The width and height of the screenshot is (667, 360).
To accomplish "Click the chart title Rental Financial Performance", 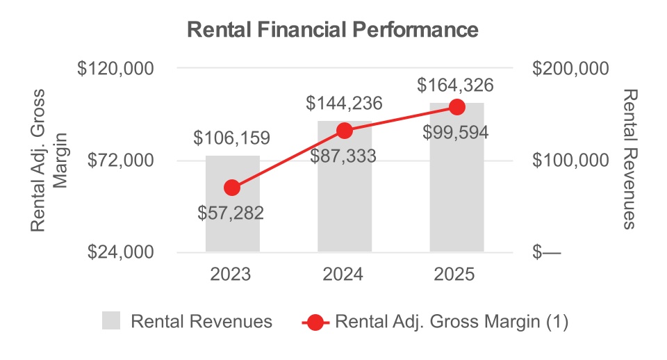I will pos(333,31).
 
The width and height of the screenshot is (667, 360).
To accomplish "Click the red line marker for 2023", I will pos(233,188).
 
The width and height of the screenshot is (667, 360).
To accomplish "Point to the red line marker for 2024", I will pos(345,130).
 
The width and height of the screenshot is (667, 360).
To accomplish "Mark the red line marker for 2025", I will pos(456,106).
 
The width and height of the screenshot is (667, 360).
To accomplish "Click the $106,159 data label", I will pos(232,138).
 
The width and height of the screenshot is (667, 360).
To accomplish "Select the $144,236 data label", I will pos(345,104).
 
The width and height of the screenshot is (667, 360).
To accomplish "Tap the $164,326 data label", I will pos(456,86).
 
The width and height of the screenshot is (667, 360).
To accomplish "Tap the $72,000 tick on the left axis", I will pos(120,161).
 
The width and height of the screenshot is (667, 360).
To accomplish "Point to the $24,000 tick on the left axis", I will pos(120,252).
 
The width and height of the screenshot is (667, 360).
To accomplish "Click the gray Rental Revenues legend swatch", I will pos(111,322).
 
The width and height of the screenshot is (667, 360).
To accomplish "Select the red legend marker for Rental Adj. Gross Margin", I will pos(315,322).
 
